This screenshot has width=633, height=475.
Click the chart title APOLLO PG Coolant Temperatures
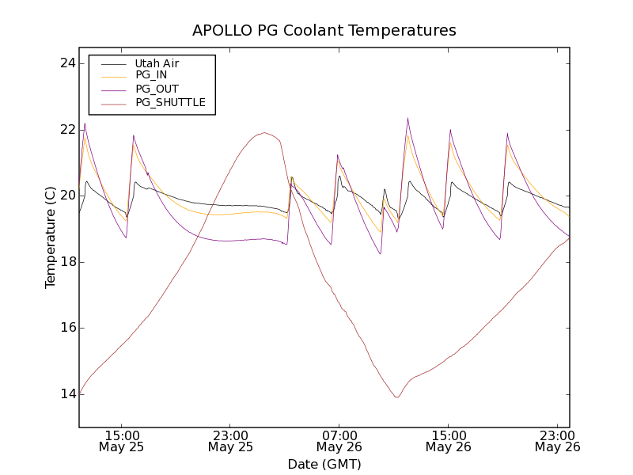[x=324, y=31]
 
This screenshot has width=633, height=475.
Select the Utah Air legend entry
[x=157, y=63]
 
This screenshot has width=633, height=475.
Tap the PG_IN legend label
[x=151, y=75]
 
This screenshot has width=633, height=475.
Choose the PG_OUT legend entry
[x=157, y=89]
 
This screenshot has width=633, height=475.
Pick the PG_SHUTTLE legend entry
[x=170, y=102]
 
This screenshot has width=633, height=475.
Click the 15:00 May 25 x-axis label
[x=122, y=441]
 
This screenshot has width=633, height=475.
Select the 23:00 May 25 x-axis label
[x=231, y=441]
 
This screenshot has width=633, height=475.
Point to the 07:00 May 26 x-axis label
[x=339, y=441]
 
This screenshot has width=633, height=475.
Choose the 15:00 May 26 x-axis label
[x=449, y=441]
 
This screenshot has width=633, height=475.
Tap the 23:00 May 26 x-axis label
[x=557, y=441]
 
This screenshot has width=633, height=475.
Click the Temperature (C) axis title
[x=51, y=237]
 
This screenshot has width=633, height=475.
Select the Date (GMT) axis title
[x=324, y=464]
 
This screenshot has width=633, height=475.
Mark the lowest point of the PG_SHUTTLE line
[x=396, y=397]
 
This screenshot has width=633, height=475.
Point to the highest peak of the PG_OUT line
[x=407, y=118]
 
